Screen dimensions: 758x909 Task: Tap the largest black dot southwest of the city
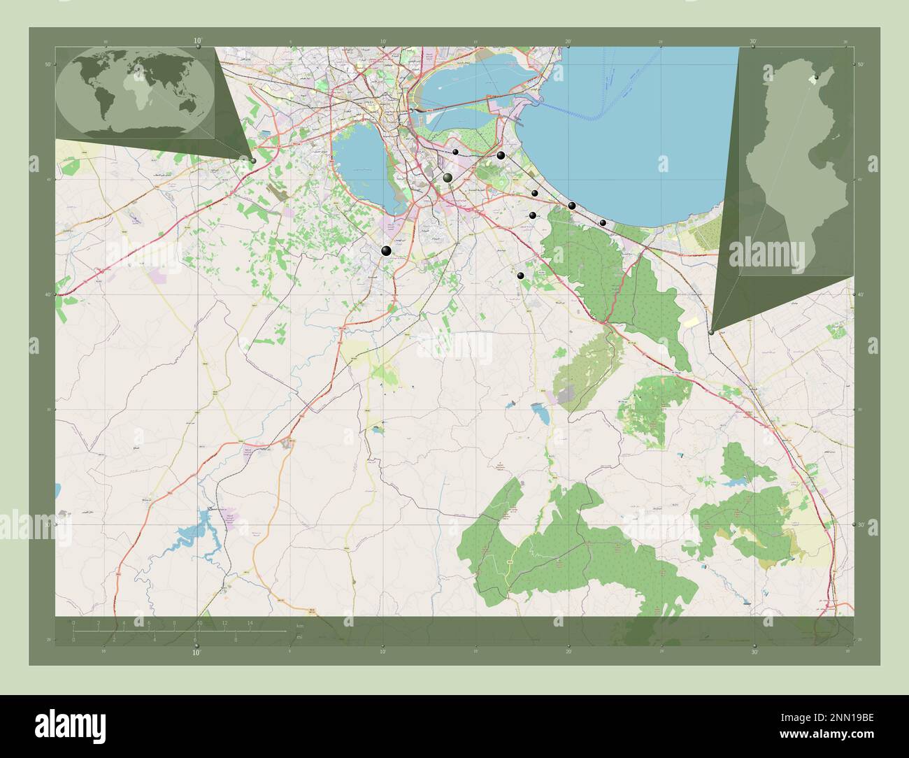pos(386,250)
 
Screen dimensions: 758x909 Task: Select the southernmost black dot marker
pos(520,276)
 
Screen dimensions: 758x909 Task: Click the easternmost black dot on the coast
pos(603,222)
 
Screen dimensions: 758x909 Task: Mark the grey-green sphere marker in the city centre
pos(448,178)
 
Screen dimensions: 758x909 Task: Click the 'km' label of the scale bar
pos(300,626)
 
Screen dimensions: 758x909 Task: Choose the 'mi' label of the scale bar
pos(300,637)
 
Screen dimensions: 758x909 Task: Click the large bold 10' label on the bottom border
pos(197,653)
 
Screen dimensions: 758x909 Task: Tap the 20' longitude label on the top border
pos(568,42)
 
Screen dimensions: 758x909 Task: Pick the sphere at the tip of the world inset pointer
pos(253,161)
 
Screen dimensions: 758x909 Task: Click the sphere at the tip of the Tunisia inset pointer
pos(711,333)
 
